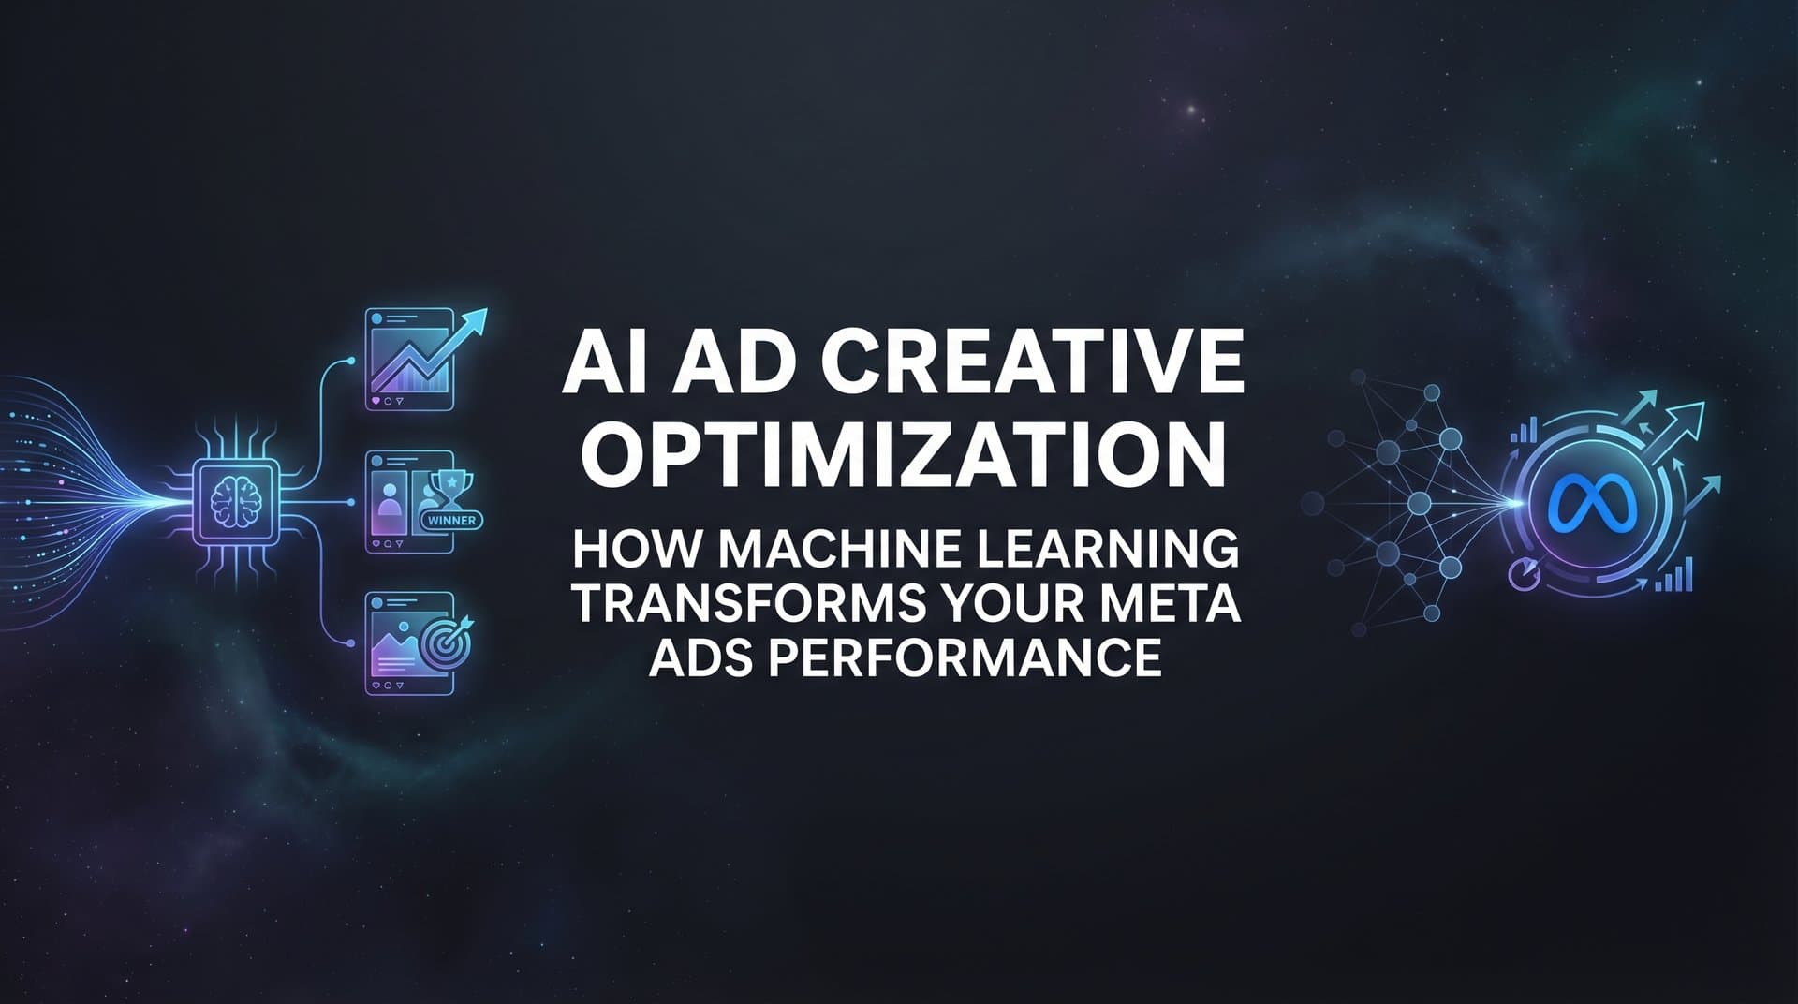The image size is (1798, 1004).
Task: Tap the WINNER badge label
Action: (x=452, y=520)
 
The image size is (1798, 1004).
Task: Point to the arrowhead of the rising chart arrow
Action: (x=478, y=322)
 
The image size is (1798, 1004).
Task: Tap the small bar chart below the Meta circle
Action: (x=1673, y=575)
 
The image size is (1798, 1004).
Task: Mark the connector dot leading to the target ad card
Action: (x=351, y=642)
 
